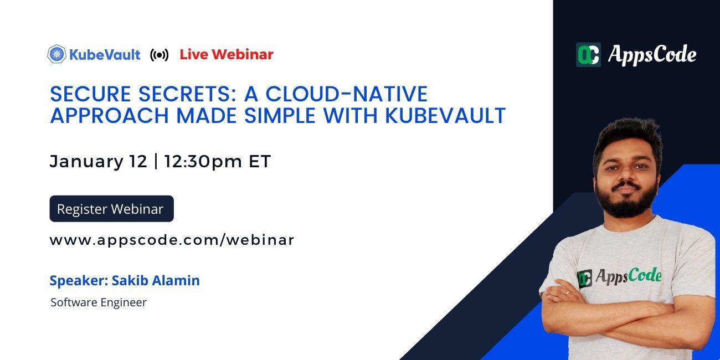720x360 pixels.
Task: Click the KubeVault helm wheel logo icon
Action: coord(56,54)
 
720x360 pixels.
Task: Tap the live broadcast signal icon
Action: coord(160,55)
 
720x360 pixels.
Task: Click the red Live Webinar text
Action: coord(227,54)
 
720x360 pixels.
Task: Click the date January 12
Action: coord(99,161)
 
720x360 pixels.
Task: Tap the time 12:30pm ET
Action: coord(218,161)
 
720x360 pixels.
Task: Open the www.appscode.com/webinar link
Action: coord(172,240)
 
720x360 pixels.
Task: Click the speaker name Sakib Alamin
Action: coord(156,280)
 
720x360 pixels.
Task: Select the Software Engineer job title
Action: coord(99,302)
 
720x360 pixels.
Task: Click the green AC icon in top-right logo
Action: coord(588,54)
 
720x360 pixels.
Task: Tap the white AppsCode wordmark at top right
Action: coord(652,54)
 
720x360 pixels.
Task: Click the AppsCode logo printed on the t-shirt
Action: coord(620,276)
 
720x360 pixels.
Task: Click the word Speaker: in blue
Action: coord(79,280)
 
